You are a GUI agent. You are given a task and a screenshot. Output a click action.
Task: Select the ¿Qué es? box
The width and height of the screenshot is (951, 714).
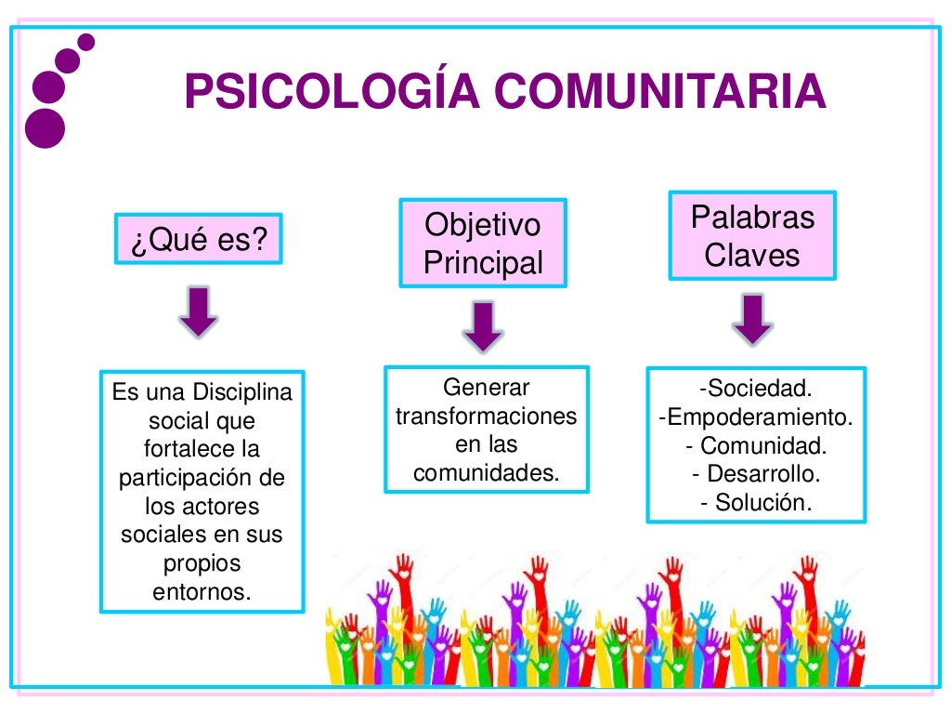[x=199, y=240]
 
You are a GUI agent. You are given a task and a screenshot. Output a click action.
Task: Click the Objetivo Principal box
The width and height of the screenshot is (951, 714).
[x=482, y=243]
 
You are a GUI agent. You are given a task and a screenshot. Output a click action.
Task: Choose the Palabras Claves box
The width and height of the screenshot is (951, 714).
[x=752, y=235]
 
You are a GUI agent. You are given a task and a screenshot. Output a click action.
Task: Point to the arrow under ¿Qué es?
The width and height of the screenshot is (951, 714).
[x=199, y=311]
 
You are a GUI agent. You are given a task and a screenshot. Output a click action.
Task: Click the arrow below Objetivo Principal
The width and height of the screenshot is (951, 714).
[x=482, y=327]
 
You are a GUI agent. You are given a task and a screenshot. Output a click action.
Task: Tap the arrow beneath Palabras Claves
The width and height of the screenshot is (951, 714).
[x=752, y=319]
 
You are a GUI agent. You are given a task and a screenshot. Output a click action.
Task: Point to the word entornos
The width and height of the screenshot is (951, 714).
[x=202, y=591]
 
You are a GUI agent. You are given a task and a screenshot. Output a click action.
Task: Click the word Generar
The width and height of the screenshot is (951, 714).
[x=486, y=387]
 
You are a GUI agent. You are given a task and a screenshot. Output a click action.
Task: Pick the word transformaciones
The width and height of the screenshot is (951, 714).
[x=486, y=416]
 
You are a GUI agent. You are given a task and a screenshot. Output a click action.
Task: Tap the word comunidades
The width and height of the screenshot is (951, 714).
[x=486, y=473]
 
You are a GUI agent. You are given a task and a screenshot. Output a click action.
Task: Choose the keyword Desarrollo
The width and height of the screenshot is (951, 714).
[x=763, y=474]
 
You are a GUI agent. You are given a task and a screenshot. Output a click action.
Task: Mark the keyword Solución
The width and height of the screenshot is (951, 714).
[x=763, y=503]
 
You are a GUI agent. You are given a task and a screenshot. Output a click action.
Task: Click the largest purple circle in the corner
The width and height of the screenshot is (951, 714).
[x=46, y=128]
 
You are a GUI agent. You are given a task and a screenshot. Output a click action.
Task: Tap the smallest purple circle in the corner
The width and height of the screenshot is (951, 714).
[x=86, y=42]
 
